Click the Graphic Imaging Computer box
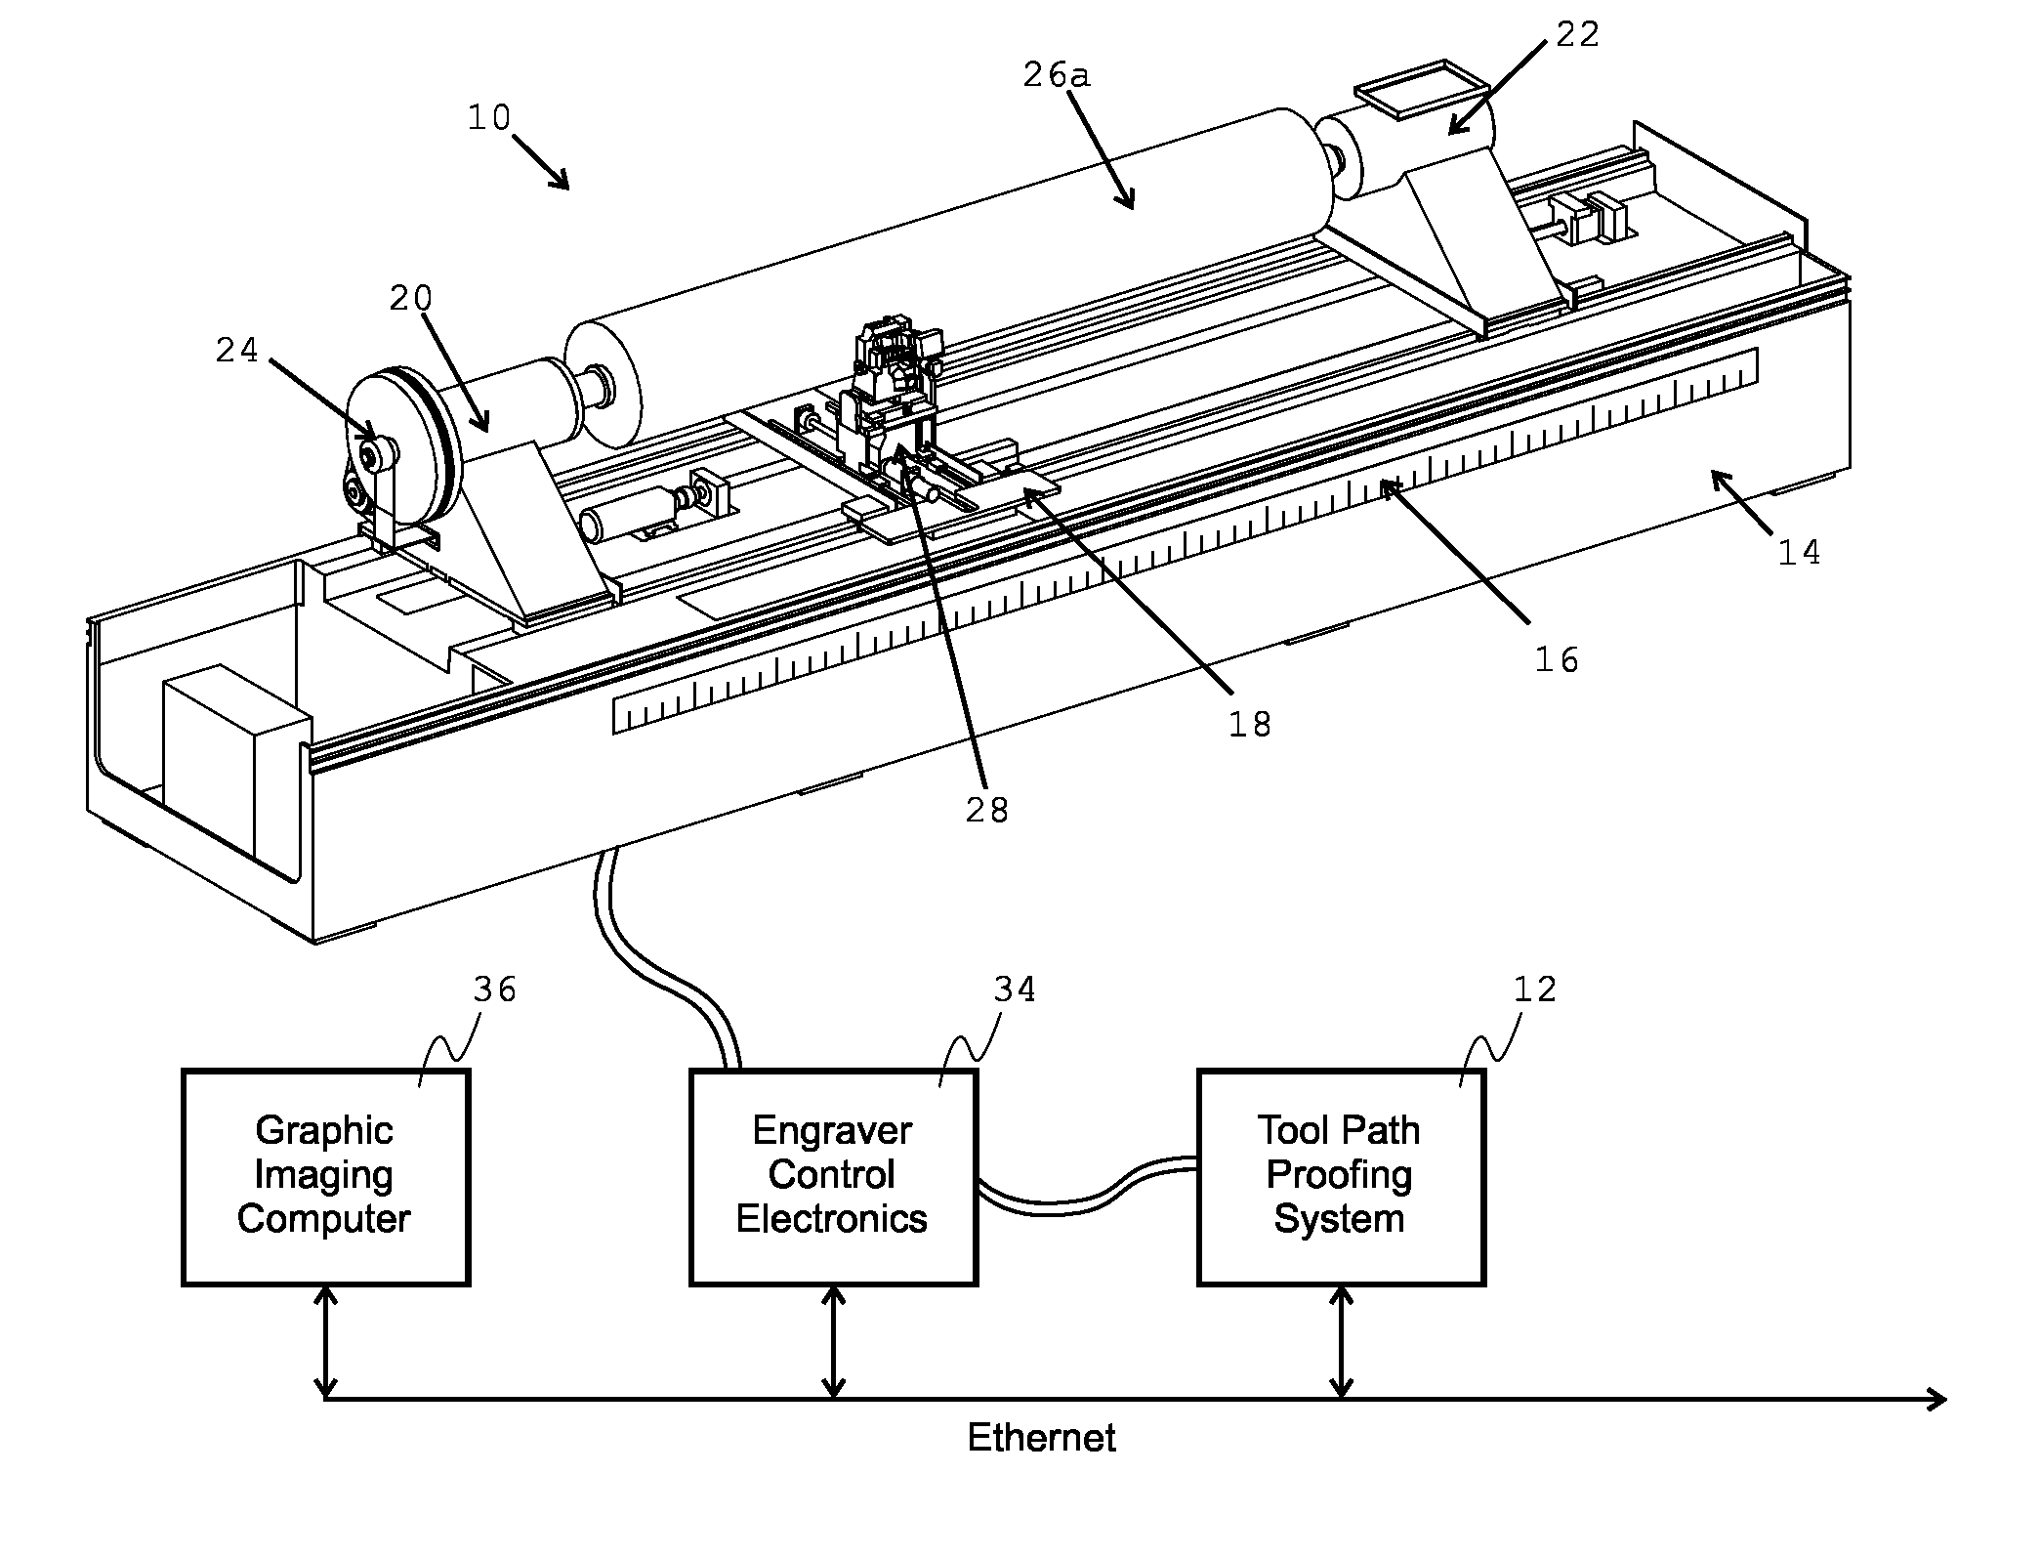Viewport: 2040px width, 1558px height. [x=325, y=1177]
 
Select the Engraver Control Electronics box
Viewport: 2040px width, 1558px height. [x=833, y=1177]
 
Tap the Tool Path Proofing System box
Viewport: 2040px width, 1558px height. [x=1341, y=1177]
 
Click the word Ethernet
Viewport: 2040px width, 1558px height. [x=1041, y=1438]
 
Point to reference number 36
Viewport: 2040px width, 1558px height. [x=494, y=990]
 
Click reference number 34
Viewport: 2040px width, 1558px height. [x=1015, y=990]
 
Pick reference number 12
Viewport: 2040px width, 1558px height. [x=1534, y=990]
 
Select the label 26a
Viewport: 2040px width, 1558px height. [x=1057, y=74]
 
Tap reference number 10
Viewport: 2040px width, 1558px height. [x=489, y=118]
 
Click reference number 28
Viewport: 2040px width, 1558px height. [x=986, y=810]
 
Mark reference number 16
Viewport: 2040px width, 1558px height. [x=1557, y=660]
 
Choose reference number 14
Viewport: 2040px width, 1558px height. [x=1799, y=553]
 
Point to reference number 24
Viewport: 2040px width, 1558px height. [x=237, y=350]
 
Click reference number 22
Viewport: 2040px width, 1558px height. [x=1578, y=34]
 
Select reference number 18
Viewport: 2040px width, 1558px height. [x=1250, y=724]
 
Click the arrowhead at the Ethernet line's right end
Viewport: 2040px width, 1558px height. [x=1936, y=1400]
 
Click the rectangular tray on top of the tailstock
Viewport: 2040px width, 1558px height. [x=1426, y=90]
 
